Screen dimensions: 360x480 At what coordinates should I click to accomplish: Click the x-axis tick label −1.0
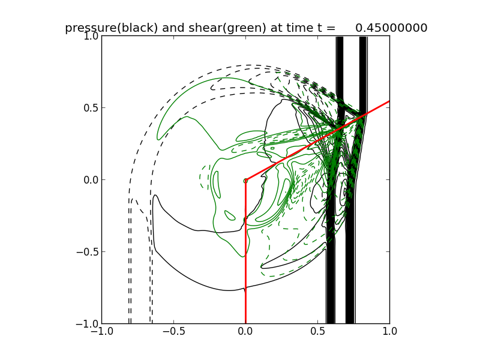pos(101,332)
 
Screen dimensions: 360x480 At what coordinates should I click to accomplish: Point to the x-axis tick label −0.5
pos(173,332)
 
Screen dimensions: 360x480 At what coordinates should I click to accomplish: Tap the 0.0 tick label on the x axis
pos(245,332)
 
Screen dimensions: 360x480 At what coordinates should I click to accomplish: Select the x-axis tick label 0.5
pos(317,332)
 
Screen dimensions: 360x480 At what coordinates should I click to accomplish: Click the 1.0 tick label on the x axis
pos(389,332)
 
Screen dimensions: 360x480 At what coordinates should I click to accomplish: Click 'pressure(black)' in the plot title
pos(112,28)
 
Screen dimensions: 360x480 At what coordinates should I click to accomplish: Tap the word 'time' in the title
pos(291,28)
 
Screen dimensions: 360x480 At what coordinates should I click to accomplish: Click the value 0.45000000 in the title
pos(391,28)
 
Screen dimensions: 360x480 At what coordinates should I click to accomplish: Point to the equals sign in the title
pos(330,28)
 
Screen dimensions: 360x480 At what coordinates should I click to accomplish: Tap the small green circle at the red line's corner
pos(245,180)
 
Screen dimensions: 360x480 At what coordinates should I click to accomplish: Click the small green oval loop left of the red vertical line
pos(230,215)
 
